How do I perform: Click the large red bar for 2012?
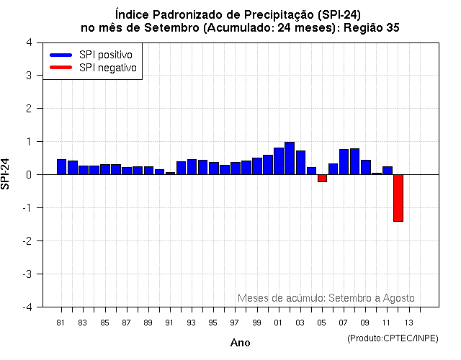pos(398,197)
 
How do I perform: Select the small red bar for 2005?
pos(322,178)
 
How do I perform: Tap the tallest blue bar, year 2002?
pos(290,158)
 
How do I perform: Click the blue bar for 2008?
pos(354,161)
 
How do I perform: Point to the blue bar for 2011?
pos(387,171)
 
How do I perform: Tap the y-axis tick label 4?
pos(28,42)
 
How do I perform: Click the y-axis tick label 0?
pos(28,175)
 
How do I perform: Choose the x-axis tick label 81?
pos(61,322)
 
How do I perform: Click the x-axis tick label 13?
pos(408,322)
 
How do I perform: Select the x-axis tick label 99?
pos(257,322)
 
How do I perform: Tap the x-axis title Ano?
pos(240,343)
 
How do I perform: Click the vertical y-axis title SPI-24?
pos(6,174)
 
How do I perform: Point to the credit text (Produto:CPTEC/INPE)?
pos(392,338)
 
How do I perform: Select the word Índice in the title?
pos(130,14)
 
